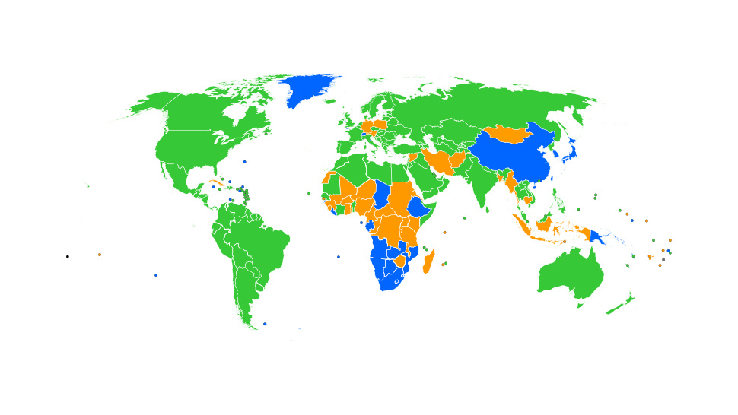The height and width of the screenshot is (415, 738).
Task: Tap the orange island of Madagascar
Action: [429, 263]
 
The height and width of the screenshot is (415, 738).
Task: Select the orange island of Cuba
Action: [218, 185]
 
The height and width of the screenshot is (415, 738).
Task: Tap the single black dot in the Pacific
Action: [67, 257]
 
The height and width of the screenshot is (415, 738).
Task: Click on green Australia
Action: [571, 274]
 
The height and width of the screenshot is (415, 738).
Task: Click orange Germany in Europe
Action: [367, 125]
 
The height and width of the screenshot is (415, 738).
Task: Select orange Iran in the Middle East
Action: [439, 160]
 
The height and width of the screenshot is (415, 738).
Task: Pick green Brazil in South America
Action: [262, 243]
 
